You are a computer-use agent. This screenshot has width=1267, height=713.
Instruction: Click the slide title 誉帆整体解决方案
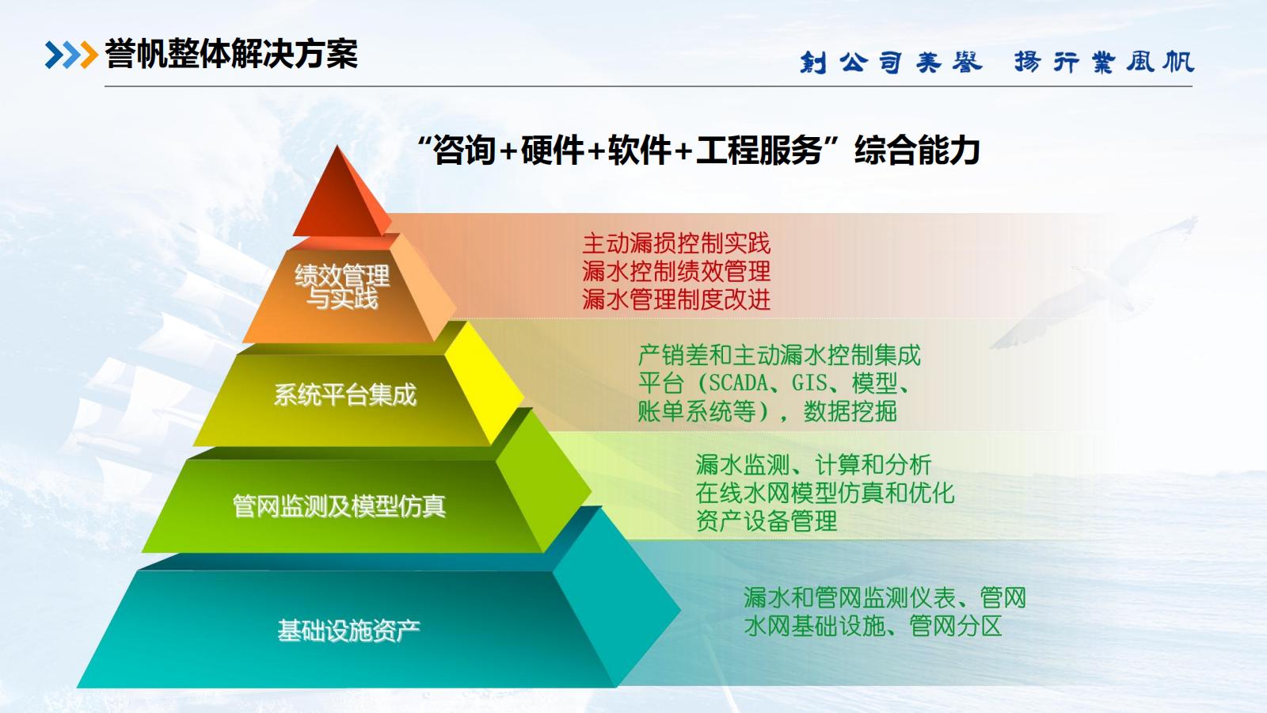tap(231, 55)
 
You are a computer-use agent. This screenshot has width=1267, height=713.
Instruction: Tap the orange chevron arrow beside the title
tap(89, 55)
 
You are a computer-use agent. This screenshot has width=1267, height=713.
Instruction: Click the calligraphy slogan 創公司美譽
tap(891, 62)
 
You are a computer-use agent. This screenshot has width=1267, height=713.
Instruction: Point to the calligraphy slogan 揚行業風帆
tap(1104, 62)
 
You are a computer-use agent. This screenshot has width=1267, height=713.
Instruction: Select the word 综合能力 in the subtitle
tap(917, 151)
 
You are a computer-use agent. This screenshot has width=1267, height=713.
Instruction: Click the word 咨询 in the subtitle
tap(464, 151)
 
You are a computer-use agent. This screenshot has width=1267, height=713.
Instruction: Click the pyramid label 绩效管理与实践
tap(342, 287)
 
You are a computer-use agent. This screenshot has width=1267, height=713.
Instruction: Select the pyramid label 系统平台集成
tap(345, 395)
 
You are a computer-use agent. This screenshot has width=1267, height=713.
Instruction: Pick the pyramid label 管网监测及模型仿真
tap(340, 506)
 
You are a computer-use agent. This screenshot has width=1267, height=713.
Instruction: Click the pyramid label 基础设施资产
tap(348, 631)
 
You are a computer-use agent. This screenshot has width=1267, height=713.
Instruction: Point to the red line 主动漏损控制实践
tap(676, 243)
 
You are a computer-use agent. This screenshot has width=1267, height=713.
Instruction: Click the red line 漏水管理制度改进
tap(676, 299)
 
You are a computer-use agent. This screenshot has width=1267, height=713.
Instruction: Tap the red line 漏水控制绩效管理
tap(676, 271)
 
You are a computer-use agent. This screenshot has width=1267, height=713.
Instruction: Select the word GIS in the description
tap(809, 383)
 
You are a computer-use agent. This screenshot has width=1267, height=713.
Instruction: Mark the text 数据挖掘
tap(850, 411)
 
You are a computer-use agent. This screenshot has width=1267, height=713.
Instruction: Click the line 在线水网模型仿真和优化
tap(824, 493)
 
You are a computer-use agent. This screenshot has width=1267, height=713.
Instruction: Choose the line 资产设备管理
tap(766, 520)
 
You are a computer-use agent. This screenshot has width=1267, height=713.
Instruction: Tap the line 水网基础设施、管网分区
tap(873, 626)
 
